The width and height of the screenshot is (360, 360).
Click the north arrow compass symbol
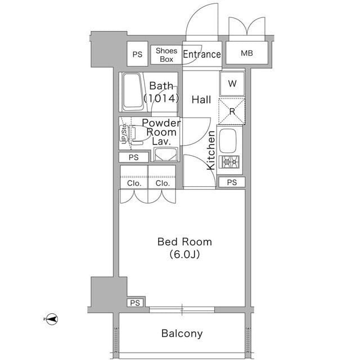click(x=52, y=319)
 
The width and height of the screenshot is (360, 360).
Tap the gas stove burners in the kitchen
click(x=229, y=162)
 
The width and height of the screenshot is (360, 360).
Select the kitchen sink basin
click(x=228, y=141)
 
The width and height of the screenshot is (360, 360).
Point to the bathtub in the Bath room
click(x=132, y=92)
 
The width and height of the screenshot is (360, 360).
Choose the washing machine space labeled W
click(x=232, y=84)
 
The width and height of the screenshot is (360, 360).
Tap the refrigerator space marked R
click(x=232, y=111)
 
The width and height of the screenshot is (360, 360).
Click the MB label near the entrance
click(x=247, y=53)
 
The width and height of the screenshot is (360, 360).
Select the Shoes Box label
click(x=166, y=55)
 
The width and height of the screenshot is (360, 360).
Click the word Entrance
click(x=202, y=55)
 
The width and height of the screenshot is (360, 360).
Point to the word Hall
click(x=201, y=100)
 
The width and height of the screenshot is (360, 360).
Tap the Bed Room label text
click(x=184, y=242)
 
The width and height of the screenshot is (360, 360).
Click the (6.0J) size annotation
click(x=184, y=254)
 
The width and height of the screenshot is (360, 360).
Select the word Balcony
click(x=182, y=334)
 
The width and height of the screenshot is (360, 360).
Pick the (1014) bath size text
click(x=161, y=98)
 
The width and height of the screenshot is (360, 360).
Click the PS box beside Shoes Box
click(x=137, y=54)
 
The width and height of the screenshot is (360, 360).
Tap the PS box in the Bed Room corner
click(x=135, y=303)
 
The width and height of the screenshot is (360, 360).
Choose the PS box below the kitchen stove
click(x=232, y=182)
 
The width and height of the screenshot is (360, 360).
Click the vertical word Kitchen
click(x=211, y=150)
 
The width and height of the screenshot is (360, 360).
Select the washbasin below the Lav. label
click(x=166, y=154)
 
